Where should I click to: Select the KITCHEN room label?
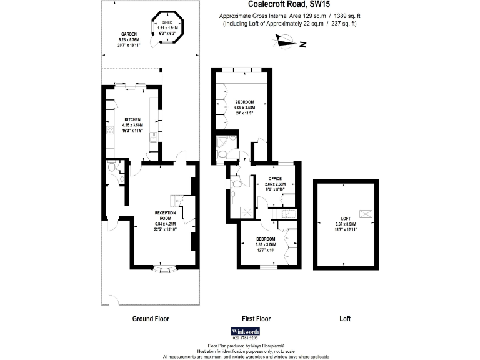(x=132, y=119)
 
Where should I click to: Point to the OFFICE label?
(x=275, y=179)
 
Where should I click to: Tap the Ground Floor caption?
(x=151, y=319)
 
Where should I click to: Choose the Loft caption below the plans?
(x=345, y=319)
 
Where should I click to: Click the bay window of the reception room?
(x=165, y=270)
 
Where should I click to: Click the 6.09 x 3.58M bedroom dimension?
(x=245, y=107)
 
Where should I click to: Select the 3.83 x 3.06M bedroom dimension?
(x=266, y=245)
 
